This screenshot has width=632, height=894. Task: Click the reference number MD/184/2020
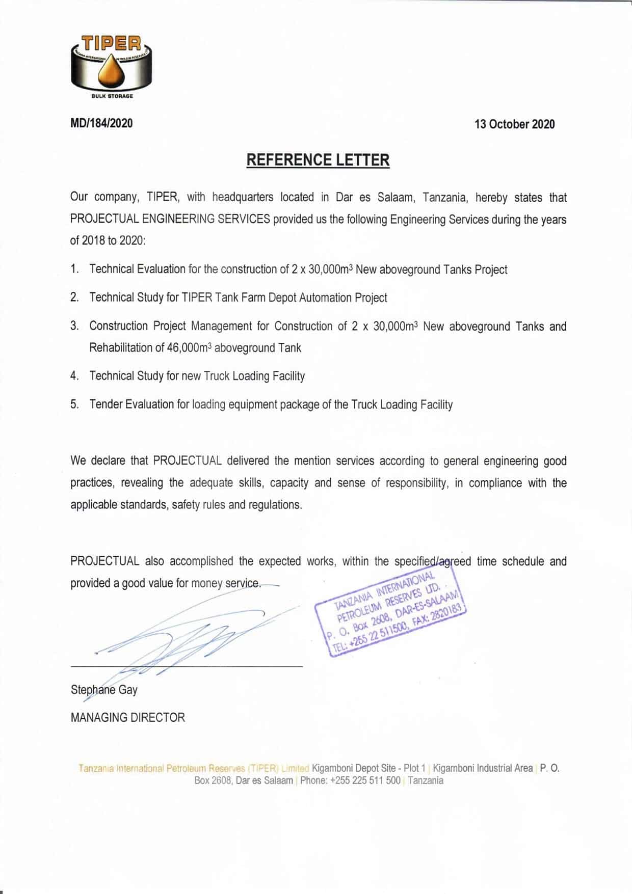coord(101,123)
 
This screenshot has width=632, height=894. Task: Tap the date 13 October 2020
coord(514,124)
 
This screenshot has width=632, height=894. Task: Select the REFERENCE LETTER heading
coord(318,160)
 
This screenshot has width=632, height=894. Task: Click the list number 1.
coord(74,269)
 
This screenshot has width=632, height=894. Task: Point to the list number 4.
coord(74,376)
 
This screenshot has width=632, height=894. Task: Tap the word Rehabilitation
coord(120,347)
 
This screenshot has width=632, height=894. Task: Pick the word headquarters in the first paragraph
coord(243,197)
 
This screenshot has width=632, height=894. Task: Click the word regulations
coord(275,505)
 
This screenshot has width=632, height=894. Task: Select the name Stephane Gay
coord(104,690)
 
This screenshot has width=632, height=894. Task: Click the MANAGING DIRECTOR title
coord(128,718)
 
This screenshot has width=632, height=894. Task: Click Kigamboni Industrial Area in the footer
coord(483,768)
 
